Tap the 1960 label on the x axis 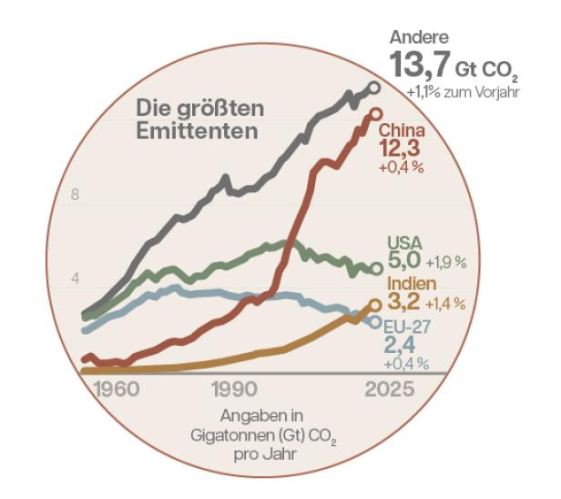115,390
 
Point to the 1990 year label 233,390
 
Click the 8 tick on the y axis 76,195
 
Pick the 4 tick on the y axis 76,278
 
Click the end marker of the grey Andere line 372,88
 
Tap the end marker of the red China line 372,116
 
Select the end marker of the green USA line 376,268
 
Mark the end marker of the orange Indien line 374,306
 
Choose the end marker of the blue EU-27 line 375,321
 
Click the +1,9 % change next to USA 446,263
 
